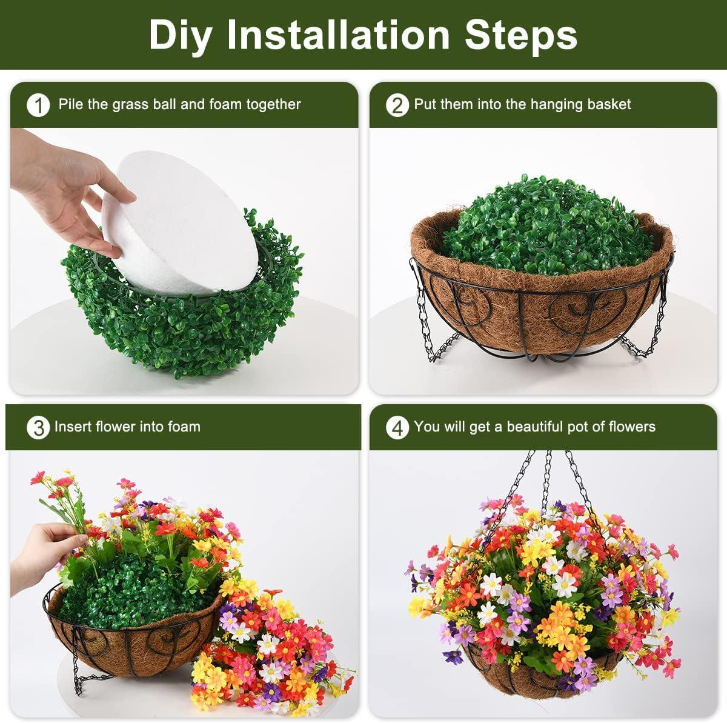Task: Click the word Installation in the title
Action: [339, 35]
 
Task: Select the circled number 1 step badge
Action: [38, 105]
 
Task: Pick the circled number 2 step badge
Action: [397, 105]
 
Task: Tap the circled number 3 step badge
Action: [38, 427]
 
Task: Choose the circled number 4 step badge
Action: [397, 427]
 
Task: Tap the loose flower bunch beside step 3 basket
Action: [267, 642]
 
